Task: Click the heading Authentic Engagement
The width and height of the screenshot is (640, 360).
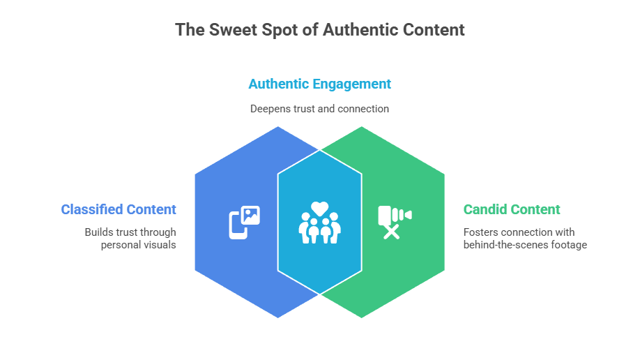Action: (x=320, y=84)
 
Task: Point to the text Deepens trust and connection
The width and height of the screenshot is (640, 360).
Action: (x=320, y=109)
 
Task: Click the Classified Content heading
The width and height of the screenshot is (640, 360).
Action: (x=119, y=209)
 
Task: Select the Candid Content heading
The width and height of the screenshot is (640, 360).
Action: (x=512, y=209)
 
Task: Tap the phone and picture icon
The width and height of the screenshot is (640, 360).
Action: (x=245, y=223)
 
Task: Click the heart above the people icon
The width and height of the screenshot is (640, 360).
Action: (x=319, y=207)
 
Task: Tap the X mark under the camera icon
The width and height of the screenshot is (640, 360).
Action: (x=392, y=232)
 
